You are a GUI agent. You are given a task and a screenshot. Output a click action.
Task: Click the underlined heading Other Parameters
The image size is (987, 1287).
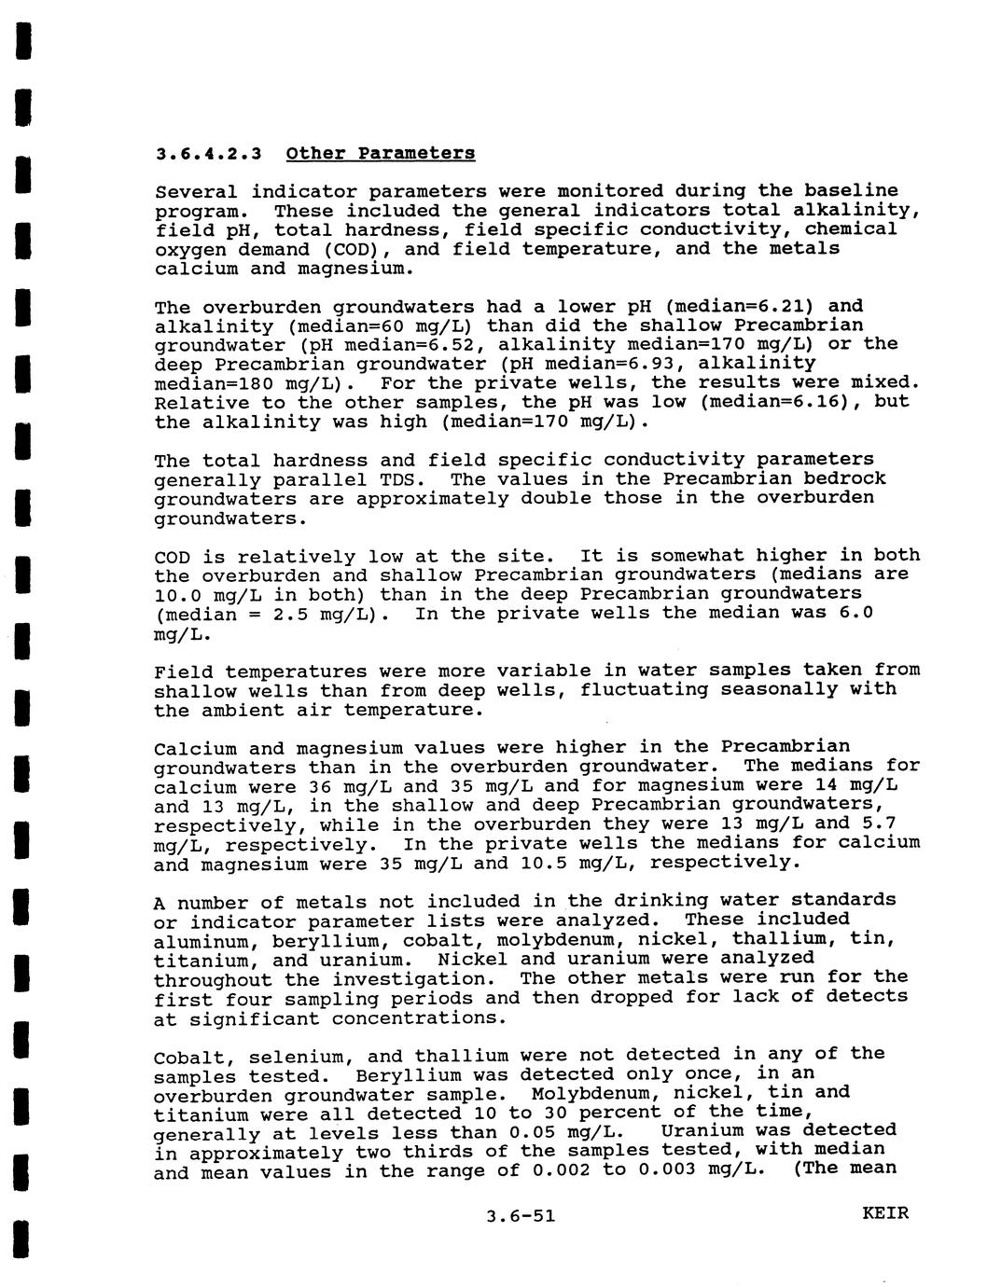click(381, 153)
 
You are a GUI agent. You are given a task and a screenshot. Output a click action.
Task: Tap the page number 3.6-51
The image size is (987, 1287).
click(521, 1215)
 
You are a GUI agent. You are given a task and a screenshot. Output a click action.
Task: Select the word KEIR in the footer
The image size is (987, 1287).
click(885, 1213)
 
